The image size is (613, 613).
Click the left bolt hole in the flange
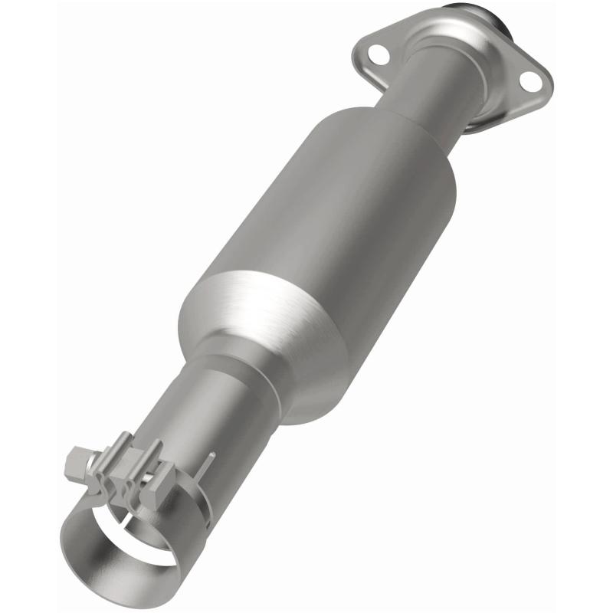[376, 54]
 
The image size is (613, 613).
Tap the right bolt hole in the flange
[529, 79]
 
